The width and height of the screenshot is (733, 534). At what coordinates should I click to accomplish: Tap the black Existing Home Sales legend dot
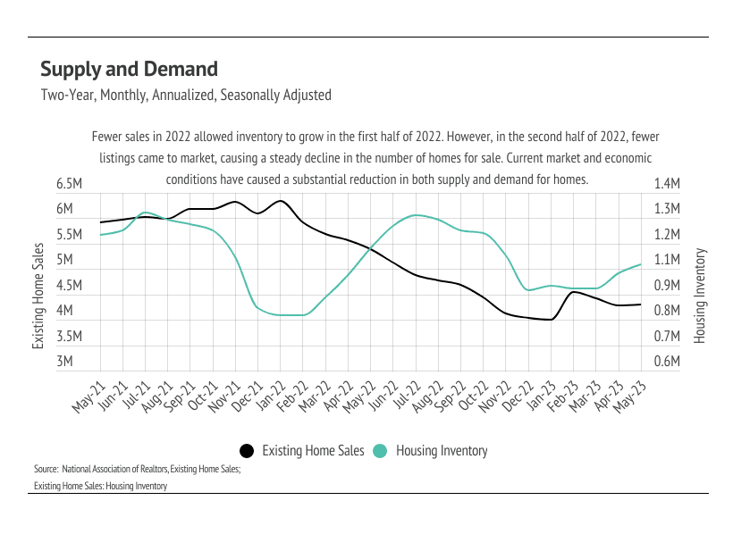pos(247,451)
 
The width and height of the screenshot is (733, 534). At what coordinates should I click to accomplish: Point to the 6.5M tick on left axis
pos(70,184)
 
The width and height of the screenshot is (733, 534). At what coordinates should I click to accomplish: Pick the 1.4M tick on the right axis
pos(668,184)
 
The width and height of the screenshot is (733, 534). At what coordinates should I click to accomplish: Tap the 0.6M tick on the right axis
pos(668,363)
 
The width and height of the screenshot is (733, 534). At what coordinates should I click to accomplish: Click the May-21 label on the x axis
pos(87,394)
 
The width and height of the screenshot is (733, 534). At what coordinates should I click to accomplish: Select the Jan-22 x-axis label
pos(267,394)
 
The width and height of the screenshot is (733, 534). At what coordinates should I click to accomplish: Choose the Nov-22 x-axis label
pos(493,394)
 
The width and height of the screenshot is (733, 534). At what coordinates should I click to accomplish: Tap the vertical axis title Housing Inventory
pos(700,296)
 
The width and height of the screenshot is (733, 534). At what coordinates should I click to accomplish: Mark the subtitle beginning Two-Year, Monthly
pos(186,95)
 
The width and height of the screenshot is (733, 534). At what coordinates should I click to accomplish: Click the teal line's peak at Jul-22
pos(417,214)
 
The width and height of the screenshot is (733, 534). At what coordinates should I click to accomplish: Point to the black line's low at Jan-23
pos(552,319)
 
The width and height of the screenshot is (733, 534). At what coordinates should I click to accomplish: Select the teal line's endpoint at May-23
pos(641,264)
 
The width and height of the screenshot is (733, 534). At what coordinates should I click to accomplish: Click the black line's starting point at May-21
pos(100,222)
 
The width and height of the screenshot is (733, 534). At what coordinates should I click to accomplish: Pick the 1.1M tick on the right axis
pos(668,260)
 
